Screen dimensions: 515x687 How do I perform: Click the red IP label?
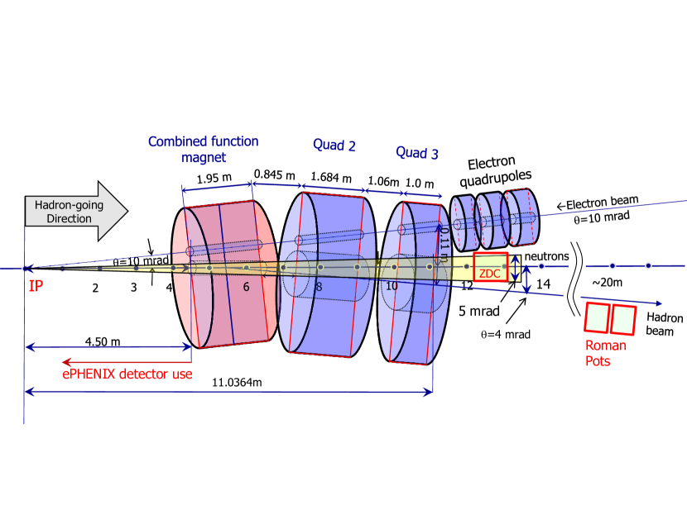36,287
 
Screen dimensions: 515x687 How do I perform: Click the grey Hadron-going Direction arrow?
74,212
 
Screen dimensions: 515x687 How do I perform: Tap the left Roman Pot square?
596,317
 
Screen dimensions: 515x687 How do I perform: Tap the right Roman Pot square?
623,320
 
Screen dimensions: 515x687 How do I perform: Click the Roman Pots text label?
605,353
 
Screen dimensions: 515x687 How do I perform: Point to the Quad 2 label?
334,146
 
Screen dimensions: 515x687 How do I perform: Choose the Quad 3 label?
417,153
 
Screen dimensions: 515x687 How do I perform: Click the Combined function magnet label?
204,150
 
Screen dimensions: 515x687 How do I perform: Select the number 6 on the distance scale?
246,287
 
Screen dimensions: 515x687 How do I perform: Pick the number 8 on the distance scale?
319,287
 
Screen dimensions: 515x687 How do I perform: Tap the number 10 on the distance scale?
392,286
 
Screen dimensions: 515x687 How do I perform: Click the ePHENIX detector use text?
127,374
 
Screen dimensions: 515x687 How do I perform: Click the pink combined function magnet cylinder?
223,273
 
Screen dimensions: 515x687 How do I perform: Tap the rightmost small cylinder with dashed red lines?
523,217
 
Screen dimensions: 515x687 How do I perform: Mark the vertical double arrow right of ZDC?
516,268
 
